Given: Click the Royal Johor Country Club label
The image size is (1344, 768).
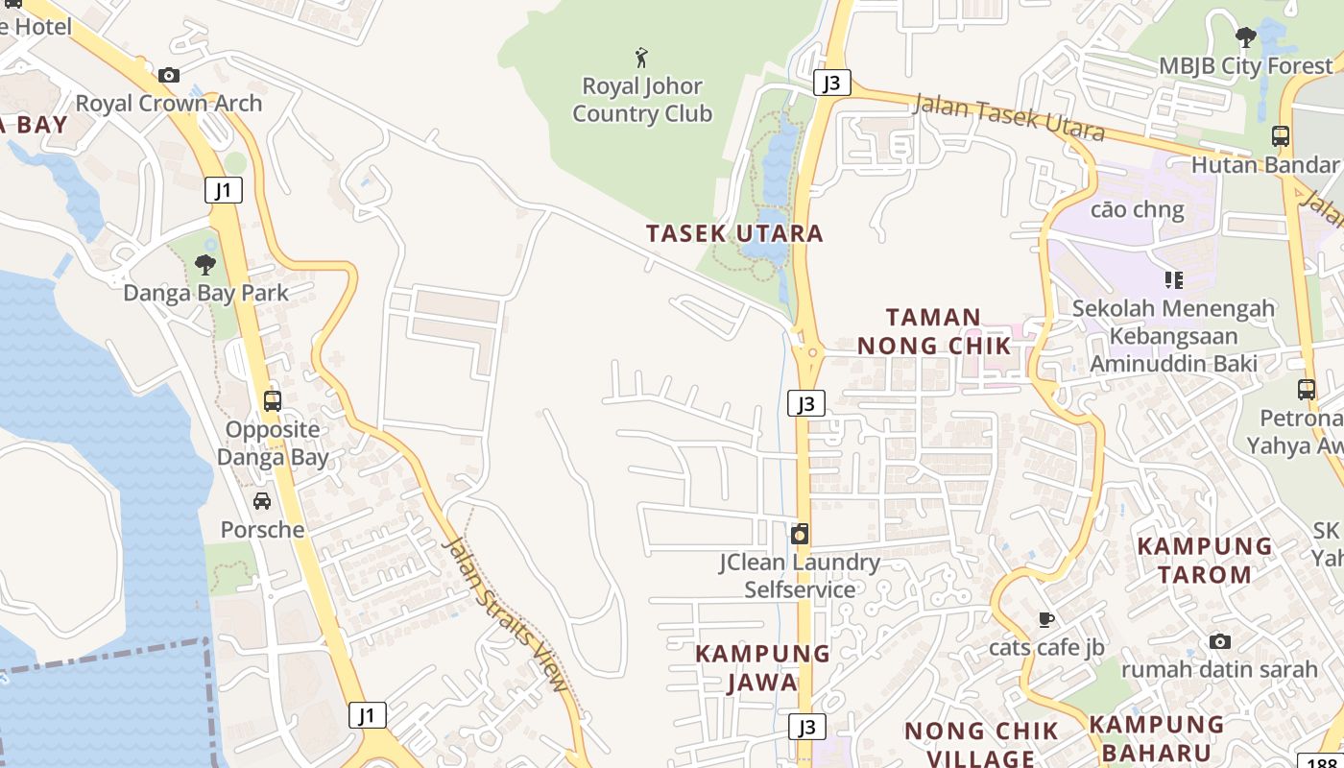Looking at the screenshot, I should pyautogui.click(x=642, y=100).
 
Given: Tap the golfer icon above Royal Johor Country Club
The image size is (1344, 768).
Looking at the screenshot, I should pyautogui.click(x=642, y=58).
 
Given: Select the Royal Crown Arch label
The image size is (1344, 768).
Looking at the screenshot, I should pyautogui.click(x=169, y=104).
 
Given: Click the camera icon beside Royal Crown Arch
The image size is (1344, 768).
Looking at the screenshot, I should pyautogui.click(x=169, y=75).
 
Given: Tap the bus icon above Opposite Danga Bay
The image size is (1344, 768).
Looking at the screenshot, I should pyautogui.click(x=273, y=400).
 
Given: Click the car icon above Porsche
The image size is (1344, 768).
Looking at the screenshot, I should pyautogui.click(x=261, y=501).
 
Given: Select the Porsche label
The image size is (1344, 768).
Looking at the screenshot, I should pyautogui.click(x=262, y=530).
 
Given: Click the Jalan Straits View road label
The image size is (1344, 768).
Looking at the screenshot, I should pyautogui.click(x=506, y=614).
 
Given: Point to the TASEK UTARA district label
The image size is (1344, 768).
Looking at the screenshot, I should pyautogui.click(x=734, y=233).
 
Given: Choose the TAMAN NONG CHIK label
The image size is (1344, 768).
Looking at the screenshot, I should pyautogui.click(x=933, y=331).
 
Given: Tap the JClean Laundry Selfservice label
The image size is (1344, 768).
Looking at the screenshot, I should pyautogui.click(x=800, y=576).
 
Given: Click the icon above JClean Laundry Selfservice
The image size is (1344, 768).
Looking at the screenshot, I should pyautogui.click(x=800, y=535).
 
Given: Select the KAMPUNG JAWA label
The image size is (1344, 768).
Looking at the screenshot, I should pyautogui.click(x=762, y=667).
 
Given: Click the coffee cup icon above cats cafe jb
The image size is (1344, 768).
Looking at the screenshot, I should pyautogui.click(x=1046, y=619).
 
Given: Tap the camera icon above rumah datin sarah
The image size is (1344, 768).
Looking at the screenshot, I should pyautogui.click(x=1219, y=641).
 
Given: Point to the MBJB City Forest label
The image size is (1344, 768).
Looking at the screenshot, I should pyautogui.click(x=1246, y=65).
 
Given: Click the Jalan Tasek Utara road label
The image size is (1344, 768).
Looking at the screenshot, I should pyautogui.click(x=1008, y=117).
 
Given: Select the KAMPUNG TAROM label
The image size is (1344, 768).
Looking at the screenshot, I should pyautogui.click(x=1204, y=560).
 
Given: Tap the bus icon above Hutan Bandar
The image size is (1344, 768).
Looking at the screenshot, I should pyautogui.click(x=1281, y=136).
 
